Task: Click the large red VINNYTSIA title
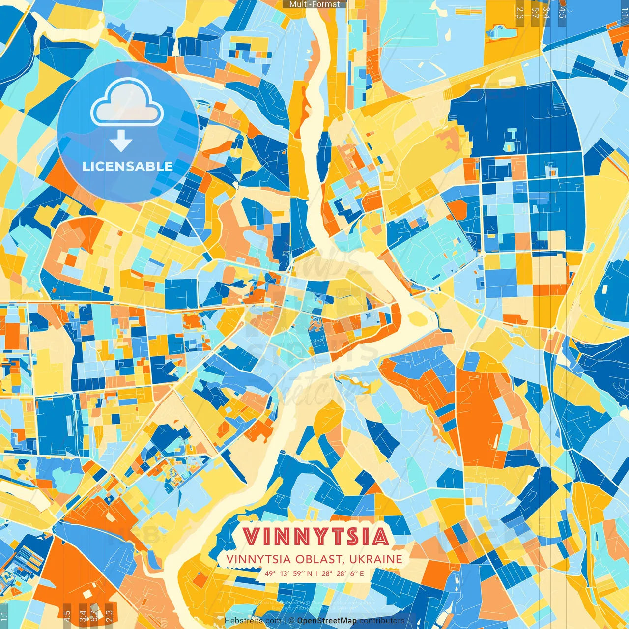315,537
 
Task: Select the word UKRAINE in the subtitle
376,559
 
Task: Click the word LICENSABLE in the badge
128,166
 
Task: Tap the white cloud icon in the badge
127,102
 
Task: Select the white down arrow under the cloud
121,141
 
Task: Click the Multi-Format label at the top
314,4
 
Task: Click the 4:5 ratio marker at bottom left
67,615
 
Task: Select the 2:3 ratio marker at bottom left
109,615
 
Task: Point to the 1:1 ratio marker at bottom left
4,615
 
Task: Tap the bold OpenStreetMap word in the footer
327,621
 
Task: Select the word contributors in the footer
382,621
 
